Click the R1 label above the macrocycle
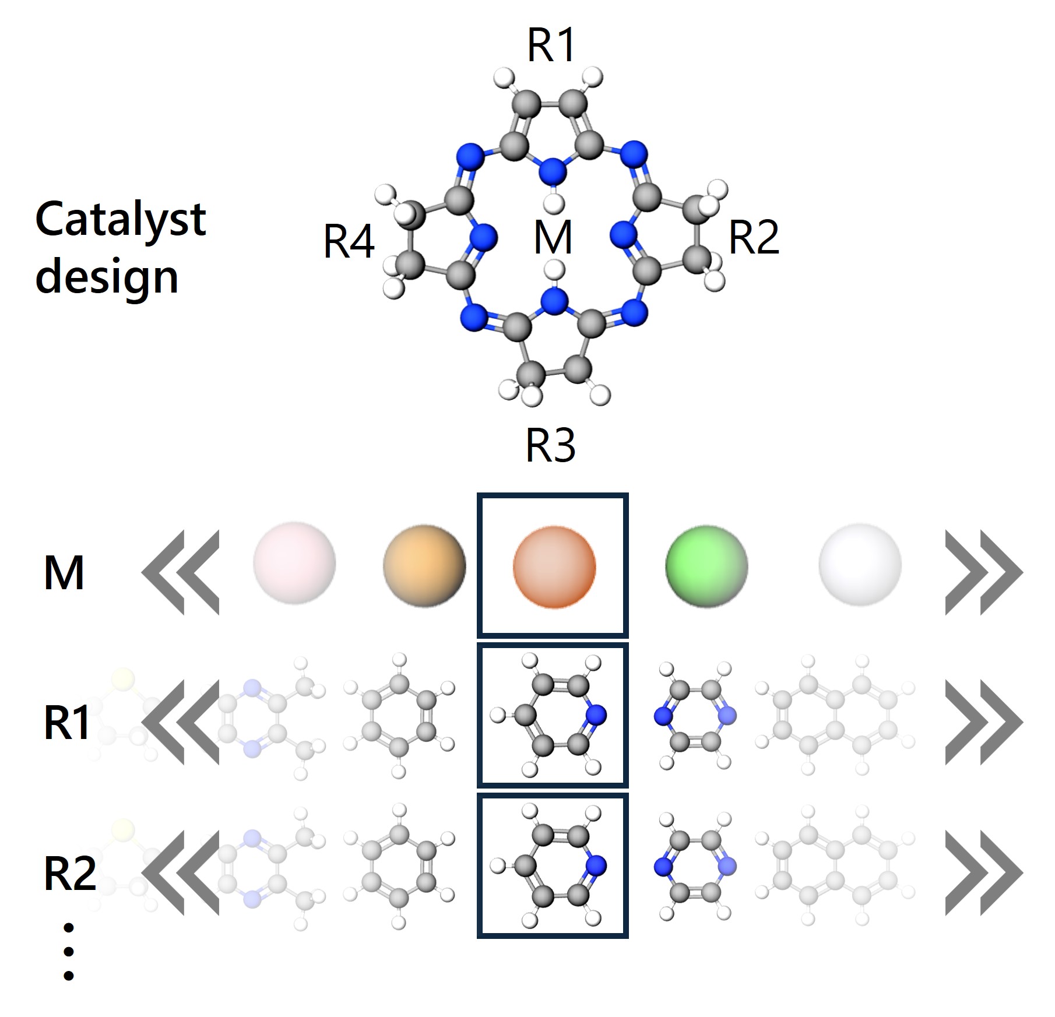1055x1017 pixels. click(551, 45)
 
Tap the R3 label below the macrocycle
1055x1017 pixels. click(550, 446)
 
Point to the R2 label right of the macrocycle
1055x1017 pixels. click(754, 238)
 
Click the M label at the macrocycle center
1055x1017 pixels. click(553, 237)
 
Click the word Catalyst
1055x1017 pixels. click(121, 220)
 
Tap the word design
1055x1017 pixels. click(107, 277)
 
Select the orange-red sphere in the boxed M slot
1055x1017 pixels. click(554, 567)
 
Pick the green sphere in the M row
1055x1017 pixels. click(706, 564)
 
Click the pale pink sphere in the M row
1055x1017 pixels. click(294, 564)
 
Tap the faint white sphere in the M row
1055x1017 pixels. click(860, 564)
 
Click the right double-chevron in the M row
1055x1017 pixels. click(983, 572)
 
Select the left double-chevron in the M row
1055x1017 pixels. click(181, 572)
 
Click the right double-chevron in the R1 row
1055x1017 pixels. click(983, 723)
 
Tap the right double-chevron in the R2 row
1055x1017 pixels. click(983, 872)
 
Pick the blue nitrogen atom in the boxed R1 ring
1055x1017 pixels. click(596, 715)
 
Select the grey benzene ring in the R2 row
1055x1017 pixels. click(399, 867)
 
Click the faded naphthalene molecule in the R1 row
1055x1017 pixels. click(835, 715)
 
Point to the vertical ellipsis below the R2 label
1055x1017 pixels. click(69, 952)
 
